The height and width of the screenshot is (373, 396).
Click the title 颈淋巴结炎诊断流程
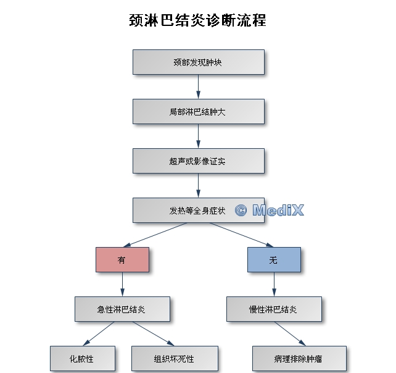click(x=197, y=20)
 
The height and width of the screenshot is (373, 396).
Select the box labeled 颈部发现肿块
click(x=199, y=62)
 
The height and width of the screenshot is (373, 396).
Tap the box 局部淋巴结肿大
click(x=199, y=112)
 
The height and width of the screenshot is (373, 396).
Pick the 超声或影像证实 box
click(x=199, y=161)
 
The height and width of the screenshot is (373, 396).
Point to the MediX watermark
click(x=270, y=211)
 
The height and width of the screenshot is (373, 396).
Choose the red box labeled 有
click(x=122, y=260)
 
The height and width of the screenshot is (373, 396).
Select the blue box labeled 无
click(x=274, y=260)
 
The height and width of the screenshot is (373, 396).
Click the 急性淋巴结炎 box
click(x=122, y=309)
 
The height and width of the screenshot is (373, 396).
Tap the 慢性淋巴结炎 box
click(x=274, y=309)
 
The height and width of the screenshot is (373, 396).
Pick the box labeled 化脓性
click(x=83, y=359)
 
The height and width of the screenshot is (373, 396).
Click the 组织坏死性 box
click(x=175, y=359)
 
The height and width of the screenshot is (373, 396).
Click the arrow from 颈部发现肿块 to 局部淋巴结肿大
click(x=199, y=87)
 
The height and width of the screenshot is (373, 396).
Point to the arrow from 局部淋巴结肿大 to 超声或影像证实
click(x=199, y=136)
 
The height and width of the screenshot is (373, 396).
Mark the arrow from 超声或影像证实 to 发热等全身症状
click(x=199, y=186)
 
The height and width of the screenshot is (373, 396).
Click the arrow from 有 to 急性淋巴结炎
click(x=122, y=285)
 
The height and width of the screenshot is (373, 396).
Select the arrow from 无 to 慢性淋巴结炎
click(x=274, y=285)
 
